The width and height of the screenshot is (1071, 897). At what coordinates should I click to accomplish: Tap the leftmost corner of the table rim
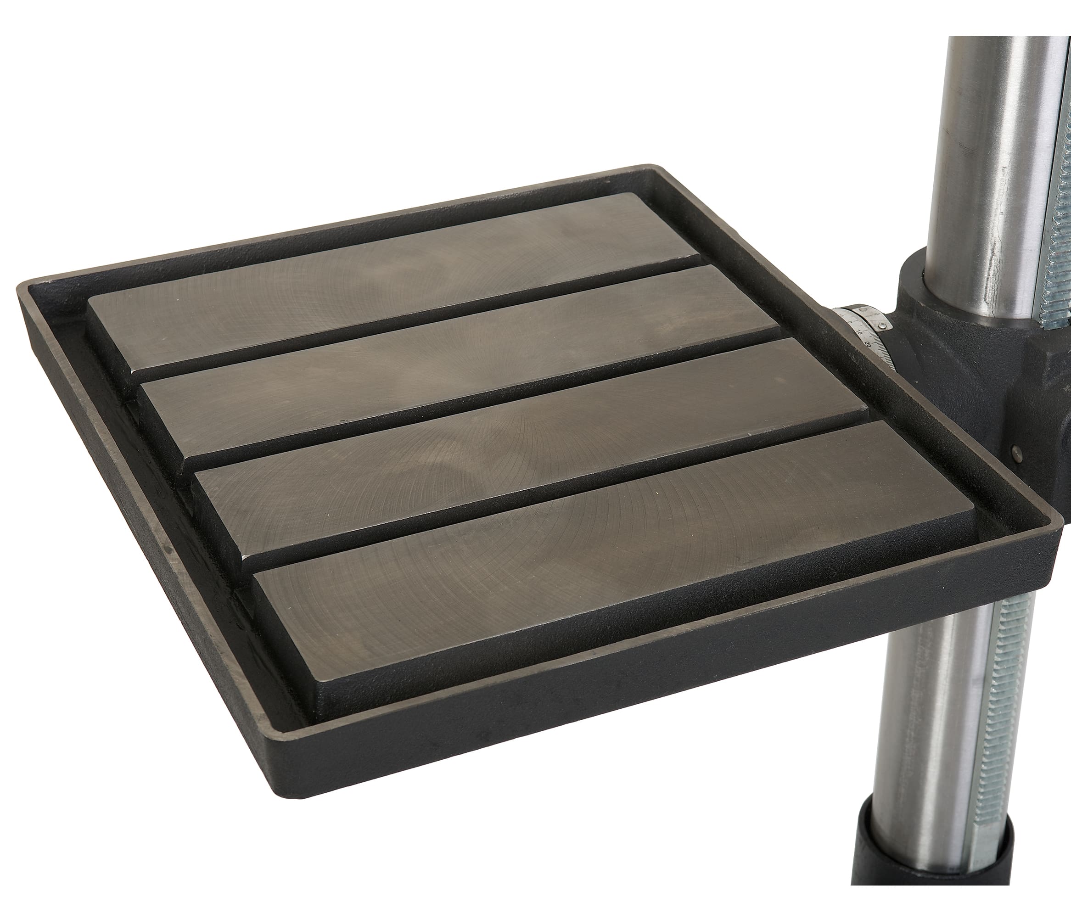pyautogui.click(x=20, y=291)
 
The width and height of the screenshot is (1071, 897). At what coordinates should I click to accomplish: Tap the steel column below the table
pyautogui.click(x=918, y=714)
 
